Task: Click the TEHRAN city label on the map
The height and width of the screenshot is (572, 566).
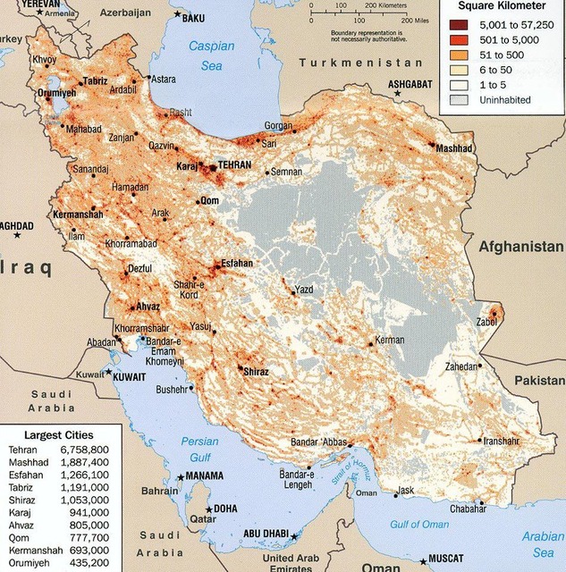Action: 234,166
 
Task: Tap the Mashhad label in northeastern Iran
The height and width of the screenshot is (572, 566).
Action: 453,149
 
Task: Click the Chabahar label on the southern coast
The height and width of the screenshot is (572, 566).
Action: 469,509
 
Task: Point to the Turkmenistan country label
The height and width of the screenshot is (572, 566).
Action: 361,63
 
